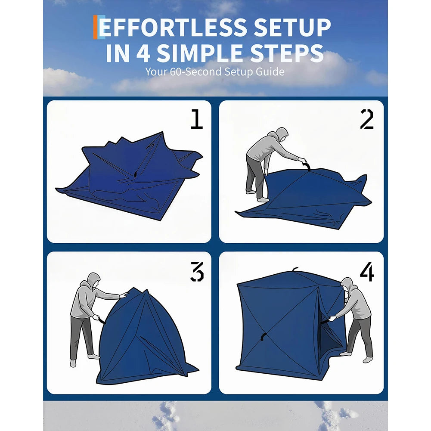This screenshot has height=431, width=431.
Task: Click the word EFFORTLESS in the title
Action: pyautogui.click(x=173, y=27)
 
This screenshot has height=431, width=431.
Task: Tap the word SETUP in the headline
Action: pyautogui.click(x=292, y=27)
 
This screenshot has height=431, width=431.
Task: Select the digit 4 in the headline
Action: pyautogui.click(x=143, y=53)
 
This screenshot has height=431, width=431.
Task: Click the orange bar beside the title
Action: pyautogui.click(x=96, y=27)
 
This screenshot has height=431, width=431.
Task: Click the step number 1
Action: pyautogui.click(x=197, y=119)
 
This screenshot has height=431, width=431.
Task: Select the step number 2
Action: pyautogui.click(x=367, y=119)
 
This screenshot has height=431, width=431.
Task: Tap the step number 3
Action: pyautogui.click(x=197, y=271)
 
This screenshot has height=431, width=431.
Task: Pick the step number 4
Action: pyautogui.click(x=367, y=271)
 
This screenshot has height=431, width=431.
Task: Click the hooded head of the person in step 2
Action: pyautogui.click(x=281, y=134)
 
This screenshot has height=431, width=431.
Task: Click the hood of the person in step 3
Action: pyautogui.click(x=94, y=280)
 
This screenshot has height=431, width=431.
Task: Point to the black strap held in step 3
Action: pyautogui.click(x=102, y=320)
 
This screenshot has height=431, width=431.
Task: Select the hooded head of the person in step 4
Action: pyautogui.click(x=347, y=285)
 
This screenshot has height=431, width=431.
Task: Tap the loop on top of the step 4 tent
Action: pyautogui.click(x=295, y=269)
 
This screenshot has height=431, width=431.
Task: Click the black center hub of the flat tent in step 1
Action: pyautogui.click(x=135, y=174)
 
